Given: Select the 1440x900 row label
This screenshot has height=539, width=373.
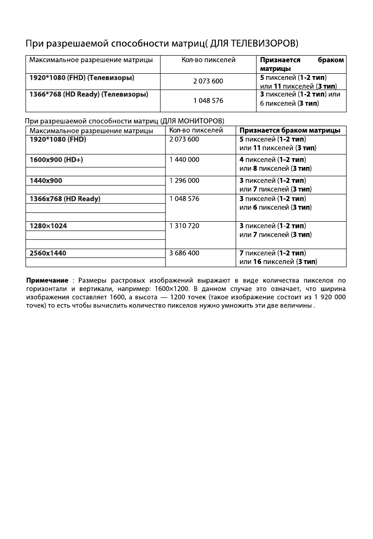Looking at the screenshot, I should tap(45, 180).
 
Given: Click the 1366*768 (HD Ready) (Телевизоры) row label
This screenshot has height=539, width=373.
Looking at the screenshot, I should tap(89, 95).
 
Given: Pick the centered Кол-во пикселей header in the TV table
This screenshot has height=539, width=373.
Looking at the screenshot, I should tap(208, 60).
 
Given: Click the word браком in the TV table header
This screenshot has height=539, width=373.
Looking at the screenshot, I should tap(331, 60).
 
